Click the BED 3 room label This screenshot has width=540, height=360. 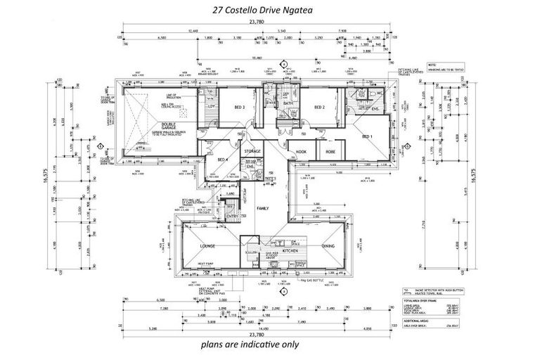coord(239,108)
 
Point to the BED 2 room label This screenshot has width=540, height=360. coord(319,108)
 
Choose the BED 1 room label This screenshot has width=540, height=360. coord(367,136)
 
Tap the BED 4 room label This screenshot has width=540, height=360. coord(223,160)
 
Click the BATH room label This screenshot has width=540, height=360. coord(288,103)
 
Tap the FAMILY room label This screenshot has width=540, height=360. coord(263,209)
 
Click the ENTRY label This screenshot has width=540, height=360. coord(231,216)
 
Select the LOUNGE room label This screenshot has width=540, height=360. coord(206,245)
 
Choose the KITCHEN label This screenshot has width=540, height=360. coord(291,250)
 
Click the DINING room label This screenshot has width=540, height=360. coord(328,245)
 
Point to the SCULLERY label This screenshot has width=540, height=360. coord(251,252)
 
